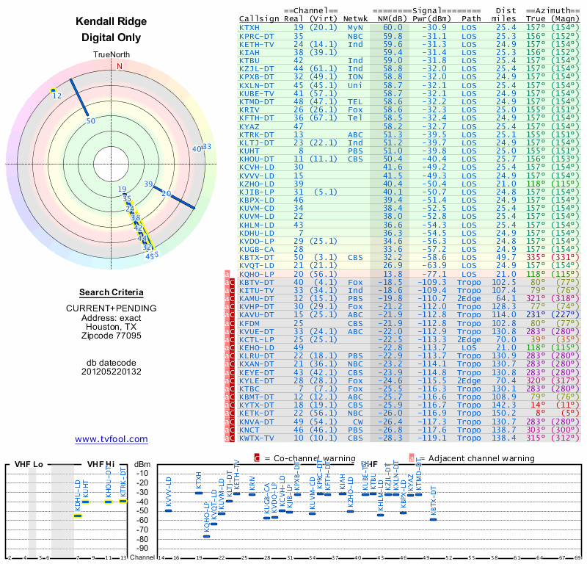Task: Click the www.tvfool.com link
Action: pyautogui.click(x=112, y=439)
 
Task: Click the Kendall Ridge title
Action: pyautogui.click(x=112, y=21)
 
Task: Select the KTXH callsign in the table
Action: pyautogui.click(x=249, y=27)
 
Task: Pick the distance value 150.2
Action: pyautogui.click(x=503, y=413)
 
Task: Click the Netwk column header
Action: pyautogui.click(x=356, y=18)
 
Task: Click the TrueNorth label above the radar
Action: pyautogui.click(x=112, y=55)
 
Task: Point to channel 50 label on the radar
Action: pyautogui.click(x=91, y=121)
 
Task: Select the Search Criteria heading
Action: pyautogui.click(x=112, y=292)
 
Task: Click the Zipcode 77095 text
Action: pyautogui.click(x=112, y=336)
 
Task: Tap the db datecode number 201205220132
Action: pyautogui.click(x=112, y=372)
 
